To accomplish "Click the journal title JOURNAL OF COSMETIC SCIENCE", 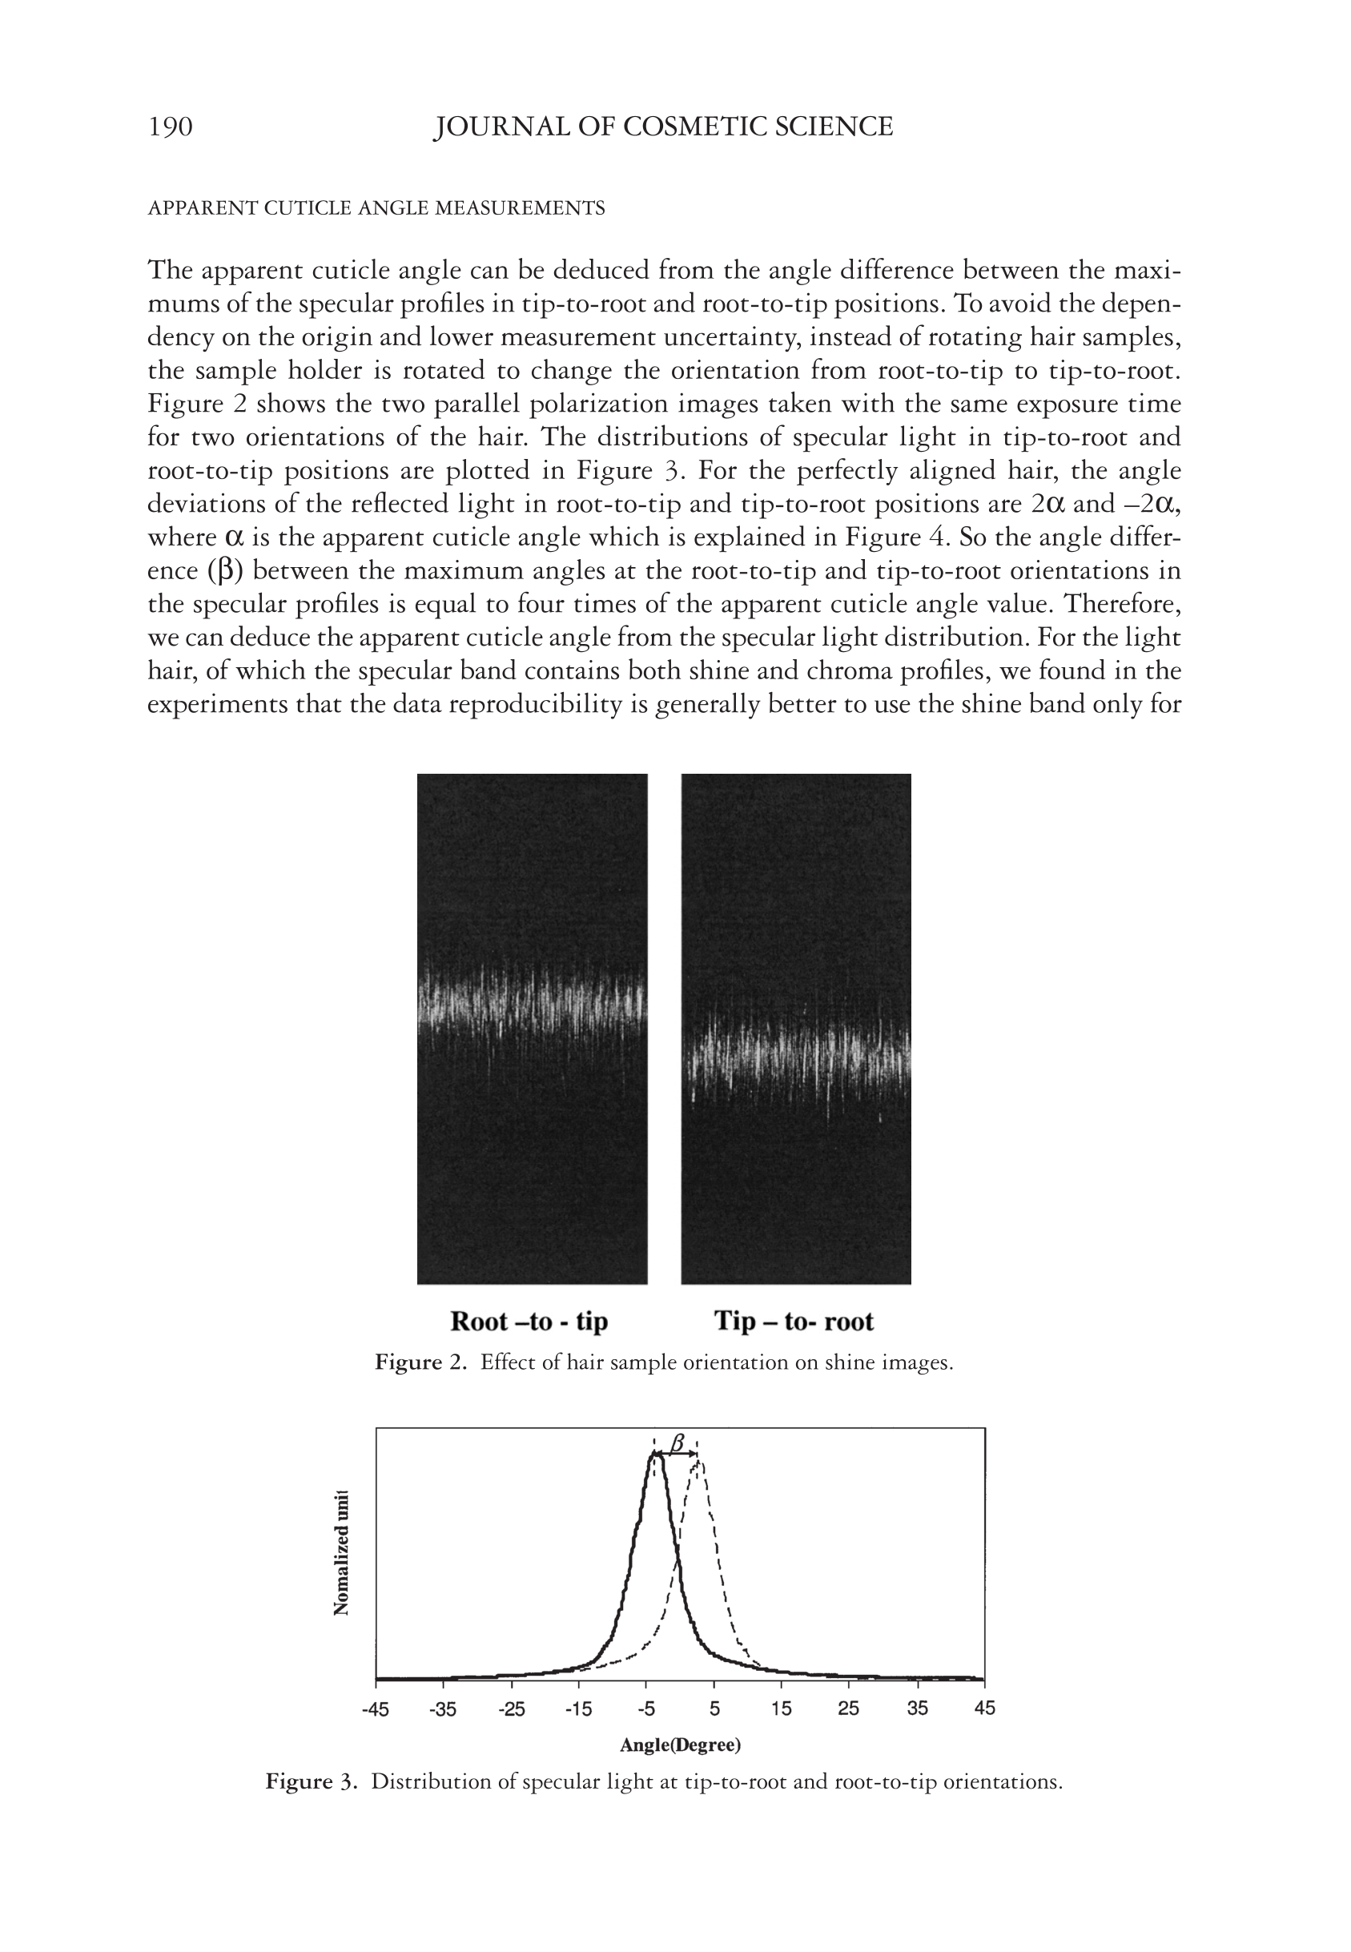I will (663, 127).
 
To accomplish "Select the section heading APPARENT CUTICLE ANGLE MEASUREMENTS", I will (376, 208).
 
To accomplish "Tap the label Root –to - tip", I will (529, 1322).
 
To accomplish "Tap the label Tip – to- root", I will (793, 1322).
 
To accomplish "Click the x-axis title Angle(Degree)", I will (680, 1745).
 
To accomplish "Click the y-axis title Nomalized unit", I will (342, 1552).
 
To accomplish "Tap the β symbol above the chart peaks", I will (678, 1442).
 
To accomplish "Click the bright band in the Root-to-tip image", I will (532, 1003).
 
